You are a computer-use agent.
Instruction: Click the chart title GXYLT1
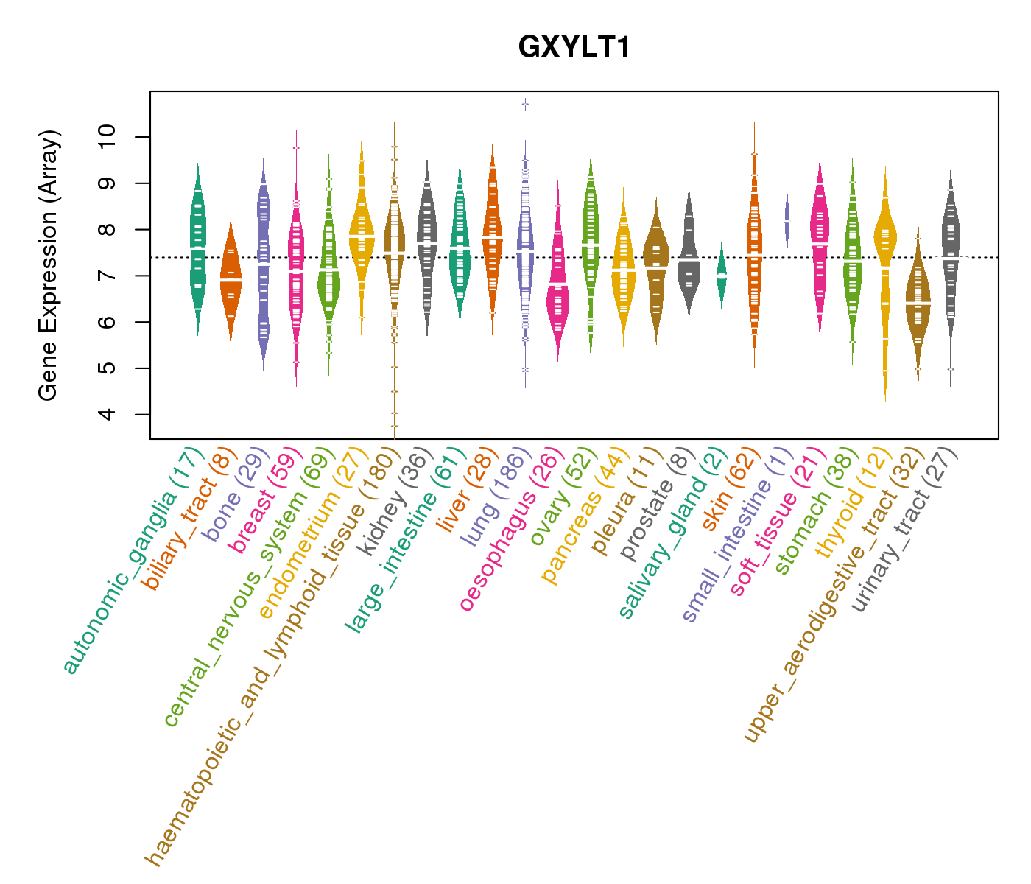click(x=574, y=48)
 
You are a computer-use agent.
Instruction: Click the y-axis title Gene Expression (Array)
click(x=49, y=266)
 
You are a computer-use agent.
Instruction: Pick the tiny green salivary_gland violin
click(x=722, y=275)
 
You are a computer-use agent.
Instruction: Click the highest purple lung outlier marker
click(x=525, y=105)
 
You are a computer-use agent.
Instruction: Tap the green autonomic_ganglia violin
click(x=197, y=250)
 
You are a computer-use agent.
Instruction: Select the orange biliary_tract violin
click(x=231, y=280)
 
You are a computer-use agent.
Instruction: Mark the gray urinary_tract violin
click(x=951, y=250)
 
